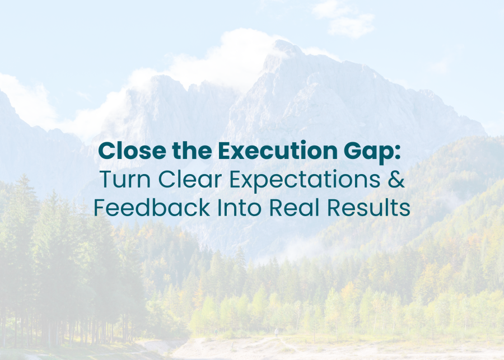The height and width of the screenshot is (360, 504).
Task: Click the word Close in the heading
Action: click(132, 151)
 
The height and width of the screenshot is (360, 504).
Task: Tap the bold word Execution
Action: click(278, 151)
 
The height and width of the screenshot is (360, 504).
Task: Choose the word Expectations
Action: click(305, 180)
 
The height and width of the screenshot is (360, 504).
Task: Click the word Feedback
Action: click(152, 207)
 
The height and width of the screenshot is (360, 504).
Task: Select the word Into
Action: click(240, 207)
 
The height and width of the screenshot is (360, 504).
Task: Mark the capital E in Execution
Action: click(225, 151)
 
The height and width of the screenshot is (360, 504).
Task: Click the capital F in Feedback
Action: click(100, 207)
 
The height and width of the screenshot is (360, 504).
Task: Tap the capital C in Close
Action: click(107, 151)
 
